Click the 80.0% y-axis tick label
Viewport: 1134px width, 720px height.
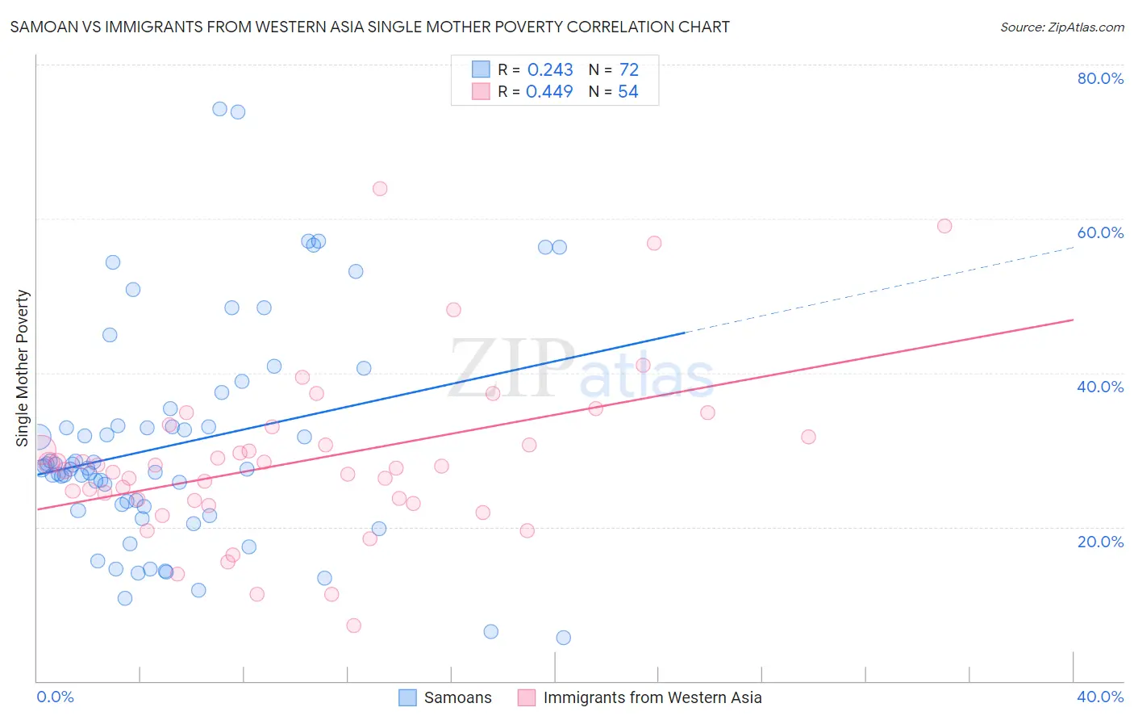[x=1100, y=78]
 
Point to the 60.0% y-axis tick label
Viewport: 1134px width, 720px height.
[x=1100, y=232]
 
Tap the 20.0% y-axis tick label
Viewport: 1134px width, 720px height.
[x=1100, y=541]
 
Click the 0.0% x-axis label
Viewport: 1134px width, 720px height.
[x=55, y=697]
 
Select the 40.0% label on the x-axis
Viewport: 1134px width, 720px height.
[x=1100, y=697]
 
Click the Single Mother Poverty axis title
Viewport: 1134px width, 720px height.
[x=23, y=368]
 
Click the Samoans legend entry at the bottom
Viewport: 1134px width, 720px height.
[x=457, y=697]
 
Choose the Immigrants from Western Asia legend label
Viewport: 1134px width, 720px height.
[x=652, y=697]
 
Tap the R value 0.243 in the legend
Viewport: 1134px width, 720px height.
[x=550, y=70]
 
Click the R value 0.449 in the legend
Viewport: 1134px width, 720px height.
[x=549, y=92]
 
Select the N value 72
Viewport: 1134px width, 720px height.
[x=628, y=70]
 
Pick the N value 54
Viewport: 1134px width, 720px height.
[x=627, y=92]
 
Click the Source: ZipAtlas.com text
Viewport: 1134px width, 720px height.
[x=1061, y=27]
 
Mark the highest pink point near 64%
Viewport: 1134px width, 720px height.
[x=380, y=189]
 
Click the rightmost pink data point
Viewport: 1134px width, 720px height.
[x=944, y=226]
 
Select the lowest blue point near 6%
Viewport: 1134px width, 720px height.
[x=564, y=638]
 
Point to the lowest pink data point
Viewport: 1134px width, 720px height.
[x=353, y=626]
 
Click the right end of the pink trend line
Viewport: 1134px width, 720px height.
[x=1073, y=320]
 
